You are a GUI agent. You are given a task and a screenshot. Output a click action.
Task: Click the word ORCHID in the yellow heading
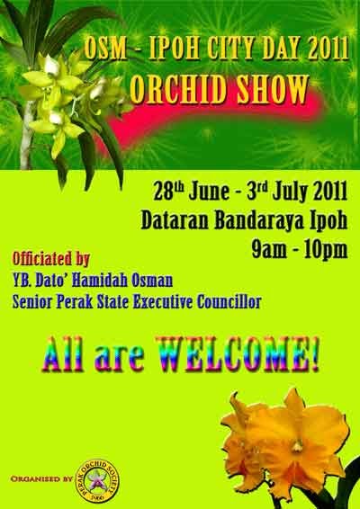tap(178, 89)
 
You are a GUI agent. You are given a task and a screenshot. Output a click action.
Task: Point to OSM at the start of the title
tap(105, 49)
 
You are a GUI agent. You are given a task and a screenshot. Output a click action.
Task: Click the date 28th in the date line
tap(168, 192)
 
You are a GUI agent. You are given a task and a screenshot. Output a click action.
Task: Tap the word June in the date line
tap(209, 192)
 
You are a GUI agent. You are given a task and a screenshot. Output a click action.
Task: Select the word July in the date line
tap(290, 192)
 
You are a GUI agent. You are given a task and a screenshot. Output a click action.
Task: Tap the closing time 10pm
tap(326, 250)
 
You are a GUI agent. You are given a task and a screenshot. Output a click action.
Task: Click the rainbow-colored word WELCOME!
tap(238, 354)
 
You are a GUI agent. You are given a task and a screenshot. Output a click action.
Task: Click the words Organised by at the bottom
tap(41, 478)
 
